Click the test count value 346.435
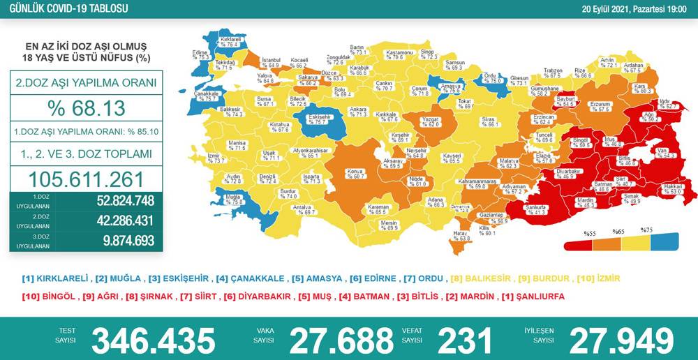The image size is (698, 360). coord(154,340)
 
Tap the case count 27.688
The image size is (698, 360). coord(341,340)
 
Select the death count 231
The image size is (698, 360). coord(465,340)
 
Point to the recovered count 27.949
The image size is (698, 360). coord(622,340)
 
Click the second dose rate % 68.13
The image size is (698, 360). coord(86,108)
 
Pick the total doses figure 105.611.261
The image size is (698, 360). coord(86,179)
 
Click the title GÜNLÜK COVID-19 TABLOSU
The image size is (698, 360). coord(64,8)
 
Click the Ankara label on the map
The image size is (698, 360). coord(358,112)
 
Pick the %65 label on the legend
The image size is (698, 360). coord(618,232)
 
